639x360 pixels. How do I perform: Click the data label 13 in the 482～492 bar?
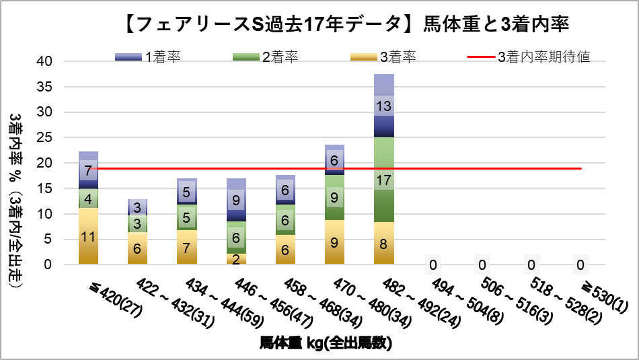(383, 106)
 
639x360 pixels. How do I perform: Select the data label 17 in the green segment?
(383, 180)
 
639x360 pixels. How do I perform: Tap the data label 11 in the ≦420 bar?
(88, 236)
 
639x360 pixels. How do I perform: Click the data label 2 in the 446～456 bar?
(235, 259)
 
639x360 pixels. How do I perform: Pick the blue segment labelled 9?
(235, 200)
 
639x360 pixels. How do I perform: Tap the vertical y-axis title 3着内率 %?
(16, 202)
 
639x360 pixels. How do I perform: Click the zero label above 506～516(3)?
(482, 264)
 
